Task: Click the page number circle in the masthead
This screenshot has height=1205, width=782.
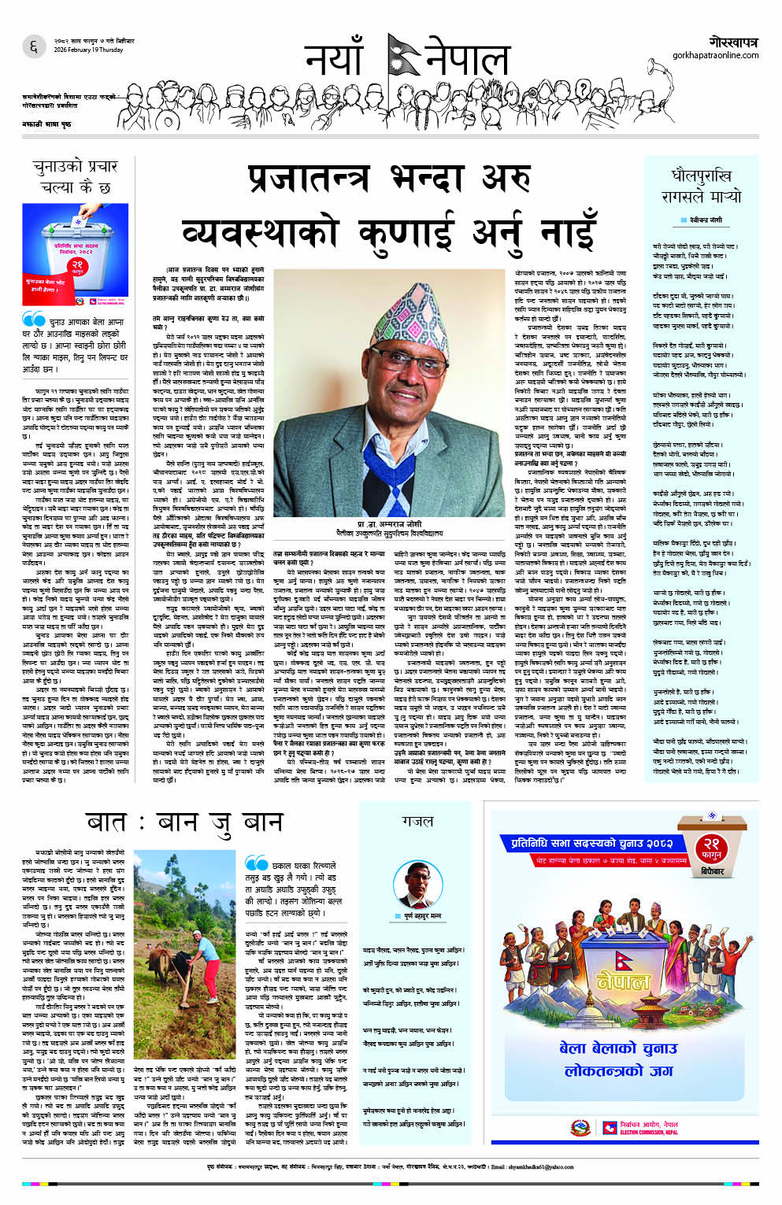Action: (33, 47)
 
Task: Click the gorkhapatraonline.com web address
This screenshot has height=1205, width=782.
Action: (715, 55)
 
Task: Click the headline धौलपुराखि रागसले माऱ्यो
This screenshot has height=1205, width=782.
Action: (700, 186)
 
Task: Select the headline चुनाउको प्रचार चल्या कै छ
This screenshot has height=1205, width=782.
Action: (76, 177)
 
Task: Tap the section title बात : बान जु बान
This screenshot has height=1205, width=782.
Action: (184, 823)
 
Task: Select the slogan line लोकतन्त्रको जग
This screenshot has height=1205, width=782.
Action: (617, 1070)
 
